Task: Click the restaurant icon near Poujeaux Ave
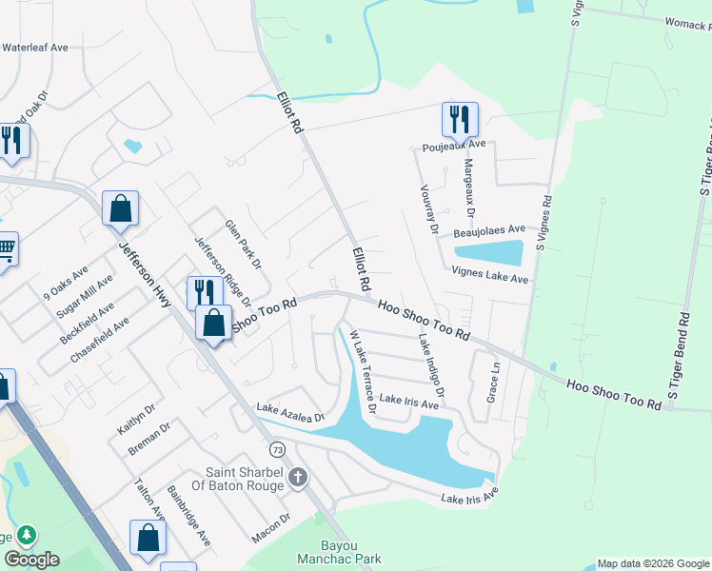point(460,120)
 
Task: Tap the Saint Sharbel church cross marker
point(298,476)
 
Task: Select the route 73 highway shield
point(277,448)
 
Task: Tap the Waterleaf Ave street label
point(35,47)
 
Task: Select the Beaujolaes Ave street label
point(489,230)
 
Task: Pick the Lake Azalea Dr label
point(290,413)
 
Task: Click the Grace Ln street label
point(493,382)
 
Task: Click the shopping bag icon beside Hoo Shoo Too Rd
point(214,323)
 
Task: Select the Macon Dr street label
point(271,522)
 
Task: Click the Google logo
point(31,560)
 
